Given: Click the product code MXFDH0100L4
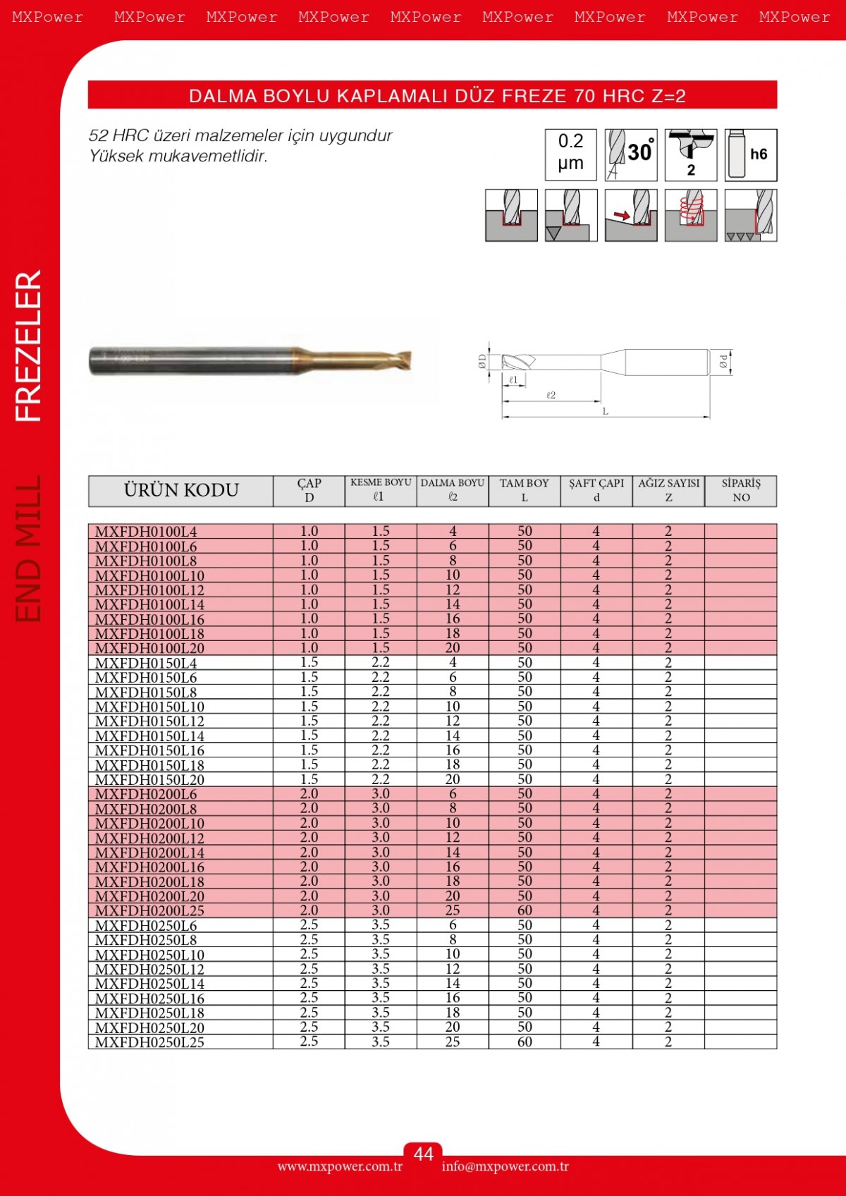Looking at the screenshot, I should (146, 532).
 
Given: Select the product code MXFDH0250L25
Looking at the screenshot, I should (149, 1042).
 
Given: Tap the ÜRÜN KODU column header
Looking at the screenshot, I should (181, 490).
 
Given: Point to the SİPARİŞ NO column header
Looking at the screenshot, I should (741, 490).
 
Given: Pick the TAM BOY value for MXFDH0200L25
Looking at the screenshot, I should (525, 910).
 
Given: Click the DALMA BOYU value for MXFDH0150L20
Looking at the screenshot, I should (453, 779).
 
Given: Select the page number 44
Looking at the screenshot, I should (423, 1154).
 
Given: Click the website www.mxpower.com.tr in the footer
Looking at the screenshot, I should (340, 1166).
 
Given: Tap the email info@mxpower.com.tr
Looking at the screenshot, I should (505, 1166).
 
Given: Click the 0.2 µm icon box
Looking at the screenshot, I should (570, 154).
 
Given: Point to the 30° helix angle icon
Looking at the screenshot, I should (631, 154).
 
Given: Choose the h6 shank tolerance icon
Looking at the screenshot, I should (751, 154).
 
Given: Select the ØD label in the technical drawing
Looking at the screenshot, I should (482, 362).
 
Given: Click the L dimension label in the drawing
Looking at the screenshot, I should (605, 411).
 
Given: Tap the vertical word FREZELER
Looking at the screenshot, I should (30, 346).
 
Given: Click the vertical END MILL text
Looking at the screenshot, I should (30, 549).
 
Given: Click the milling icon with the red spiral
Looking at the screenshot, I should (691, 215).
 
